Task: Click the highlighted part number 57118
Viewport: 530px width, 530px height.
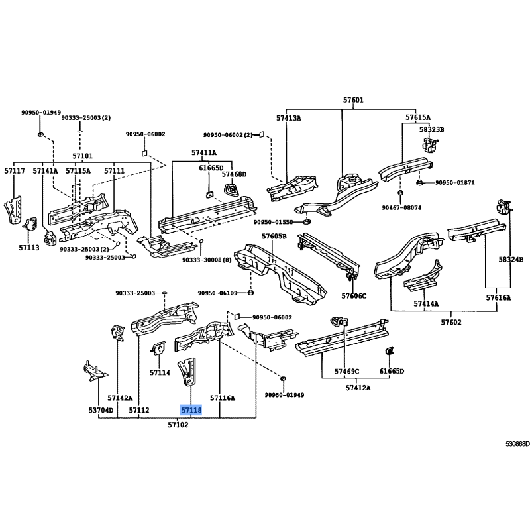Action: (x=191, y=410)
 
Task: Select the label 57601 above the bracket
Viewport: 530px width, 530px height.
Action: (x=353, y=100)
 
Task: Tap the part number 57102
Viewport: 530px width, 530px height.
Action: (x=178, y=425)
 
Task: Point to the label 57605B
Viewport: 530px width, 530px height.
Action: (x=274, y=236)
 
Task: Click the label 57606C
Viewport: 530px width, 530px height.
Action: (x=354, y=296)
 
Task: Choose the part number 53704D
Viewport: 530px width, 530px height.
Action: (x=101, y=410)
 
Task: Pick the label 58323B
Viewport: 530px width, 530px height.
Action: (x=432, y=129)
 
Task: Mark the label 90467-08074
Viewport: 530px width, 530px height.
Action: (x=401, y=207)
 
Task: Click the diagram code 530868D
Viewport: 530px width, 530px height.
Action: (x=517, y=444)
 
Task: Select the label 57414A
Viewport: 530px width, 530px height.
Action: (x=426, y=304)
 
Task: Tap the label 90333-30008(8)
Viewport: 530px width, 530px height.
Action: (x=207, y=260)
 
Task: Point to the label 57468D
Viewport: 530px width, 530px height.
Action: (x=234, y=174)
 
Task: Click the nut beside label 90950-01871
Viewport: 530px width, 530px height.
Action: (x=419, y=183)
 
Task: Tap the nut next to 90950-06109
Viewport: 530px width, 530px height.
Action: (x=250, y=292)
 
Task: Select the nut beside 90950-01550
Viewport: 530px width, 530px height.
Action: (x=307, y=222)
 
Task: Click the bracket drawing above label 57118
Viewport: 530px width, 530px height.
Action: (x=187, y=372)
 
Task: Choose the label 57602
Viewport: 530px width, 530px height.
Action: (x=451, y=322)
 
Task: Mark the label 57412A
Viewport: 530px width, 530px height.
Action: (x=358, y=388)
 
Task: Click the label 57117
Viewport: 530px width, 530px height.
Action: (x=15, y=171)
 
